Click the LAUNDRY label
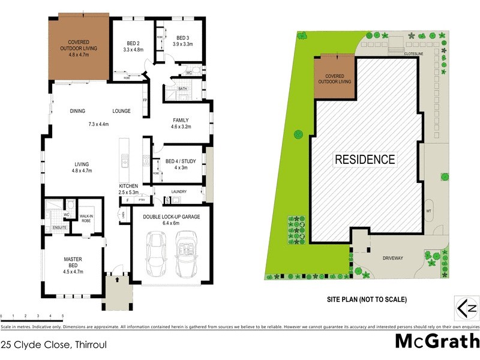pyautogui.click(x=178, y=192)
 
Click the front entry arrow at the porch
pyautogui.click(x=117, y=279)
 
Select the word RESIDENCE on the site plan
pyautogui.click(x=365, y=160)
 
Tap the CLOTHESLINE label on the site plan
pyautogui.click(x=415, y=53)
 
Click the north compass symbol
pyautogui.click(x=466, y=309)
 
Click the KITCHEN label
pyautogui.click(x=128, y=186)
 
